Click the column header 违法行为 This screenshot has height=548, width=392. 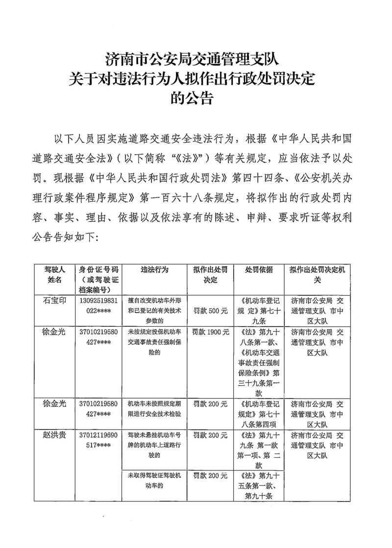[x=155, y=270]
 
